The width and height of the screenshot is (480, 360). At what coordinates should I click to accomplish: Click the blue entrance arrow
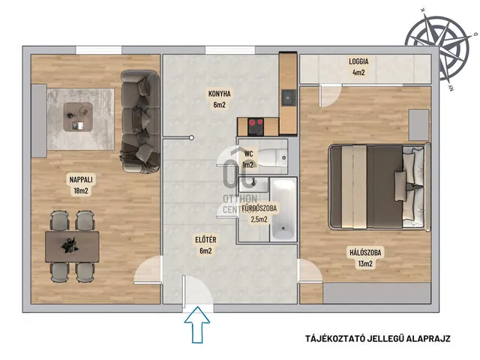click(x=196, y=325)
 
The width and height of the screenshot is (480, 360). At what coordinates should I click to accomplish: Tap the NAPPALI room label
click(x=81, y=180)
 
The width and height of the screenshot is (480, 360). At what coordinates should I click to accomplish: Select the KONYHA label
click(x=219, y=94)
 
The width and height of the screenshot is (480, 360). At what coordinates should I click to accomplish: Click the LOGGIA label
click(x=358, y=61)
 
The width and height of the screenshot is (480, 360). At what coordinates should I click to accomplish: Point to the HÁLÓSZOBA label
click(x=365, y=253)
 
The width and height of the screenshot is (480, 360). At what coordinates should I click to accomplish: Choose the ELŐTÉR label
click(x=205, y=240)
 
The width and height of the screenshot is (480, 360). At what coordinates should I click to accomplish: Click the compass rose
click(x=436, y=45)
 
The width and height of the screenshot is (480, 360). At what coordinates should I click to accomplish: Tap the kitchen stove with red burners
click(x=256, y=127)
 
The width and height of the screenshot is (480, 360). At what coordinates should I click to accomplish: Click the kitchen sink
click(x=288, y=97)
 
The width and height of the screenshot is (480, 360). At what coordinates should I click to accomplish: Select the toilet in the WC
click(x=273, y=157)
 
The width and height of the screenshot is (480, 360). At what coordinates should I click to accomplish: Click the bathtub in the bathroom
click(x=283, y=210)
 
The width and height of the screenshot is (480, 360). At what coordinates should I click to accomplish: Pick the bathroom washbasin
click(x=249, y=184)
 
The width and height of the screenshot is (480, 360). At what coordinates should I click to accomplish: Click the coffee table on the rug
click(x=78, y=117)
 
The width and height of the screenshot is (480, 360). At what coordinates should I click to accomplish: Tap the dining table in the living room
click(x=72, y=247)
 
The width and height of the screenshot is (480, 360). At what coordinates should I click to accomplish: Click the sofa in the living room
click(x=140, y=121)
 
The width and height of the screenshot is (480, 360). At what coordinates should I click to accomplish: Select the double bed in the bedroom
click(x=379, y=187)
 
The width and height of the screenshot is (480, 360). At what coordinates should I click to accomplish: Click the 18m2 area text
click(x=81, y=191)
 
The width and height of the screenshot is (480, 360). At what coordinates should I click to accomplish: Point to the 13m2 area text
click(x=365, y=264)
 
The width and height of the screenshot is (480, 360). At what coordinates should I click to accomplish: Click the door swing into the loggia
click(x=330, y=96)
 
